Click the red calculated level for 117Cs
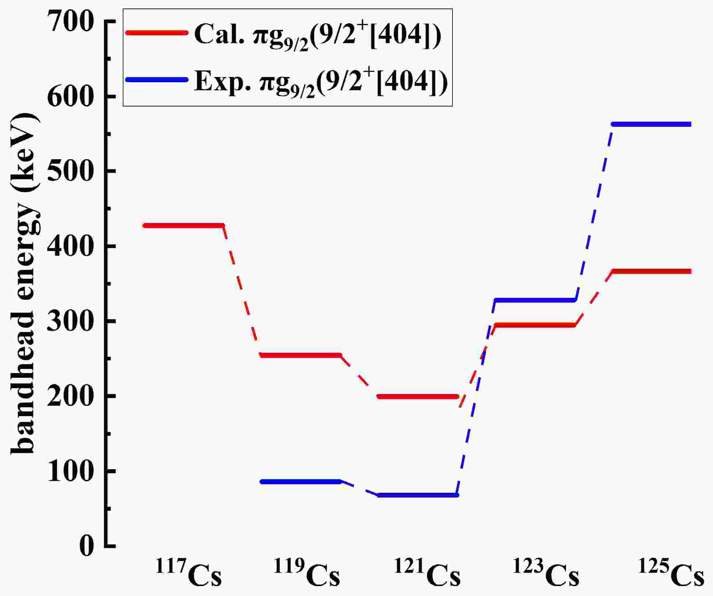coord(184,225)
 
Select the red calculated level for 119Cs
coord(301,355)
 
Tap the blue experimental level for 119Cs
coord(301,481)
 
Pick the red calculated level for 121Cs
coord(418,397)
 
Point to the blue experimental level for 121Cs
coord(418,495)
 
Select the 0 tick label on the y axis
coord(86,546)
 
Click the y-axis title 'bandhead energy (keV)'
coord(24,284)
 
